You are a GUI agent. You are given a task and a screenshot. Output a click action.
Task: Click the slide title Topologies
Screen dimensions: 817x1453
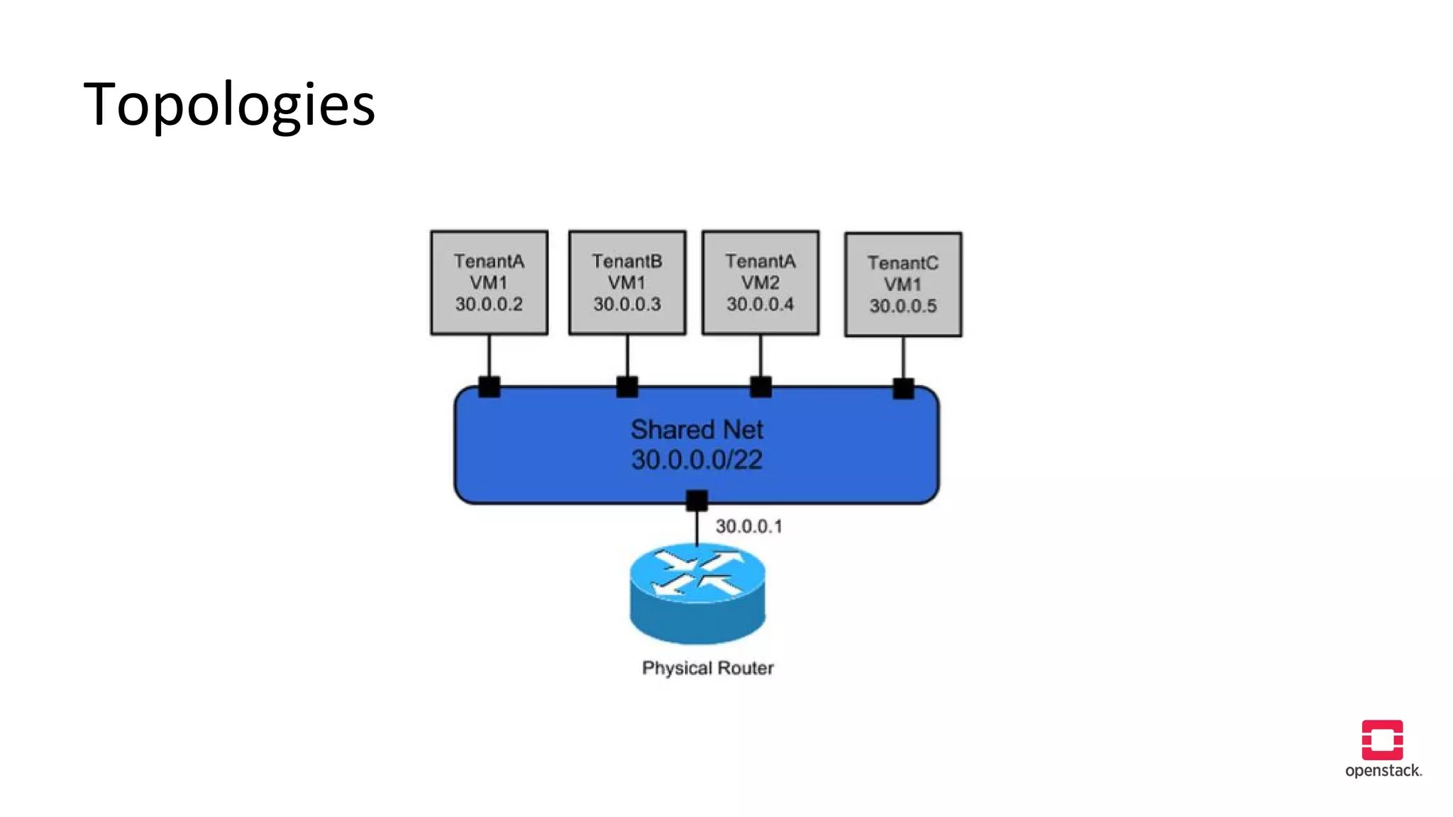coord(229,105)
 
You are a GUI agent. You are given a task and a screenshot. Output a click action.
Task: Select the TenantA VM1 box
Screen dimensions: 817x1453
coord(489,282)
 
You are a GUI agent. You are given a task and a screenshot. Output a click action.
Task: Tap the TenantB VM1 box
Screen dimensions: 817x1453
coord(627,282)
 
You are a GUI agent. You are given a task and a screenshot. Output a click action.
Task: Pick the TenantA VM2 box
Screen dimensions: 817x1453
coord(761,282)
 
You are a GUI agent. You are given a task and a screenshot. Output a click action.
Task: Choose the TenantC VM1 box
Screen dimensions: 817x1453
coord(903,284)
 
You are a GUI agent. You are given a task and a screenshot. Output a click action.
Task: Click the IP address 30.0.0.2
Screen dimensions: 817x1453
coord(489,304)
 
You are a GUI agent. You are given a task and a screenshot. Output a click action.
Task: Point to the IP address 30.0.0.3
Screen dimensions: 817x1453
coord(627,304)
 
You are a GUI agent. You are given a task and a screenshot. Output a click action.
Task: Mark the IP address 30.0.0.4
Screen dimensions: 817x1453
coord(761,304)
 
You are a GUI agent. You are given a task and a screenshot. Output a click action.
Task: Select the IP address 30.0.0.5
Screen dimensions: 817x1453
coord(903,306)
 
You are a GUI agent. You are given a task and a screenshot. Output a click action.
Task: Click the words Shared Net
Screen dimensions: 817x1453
coord(697,430)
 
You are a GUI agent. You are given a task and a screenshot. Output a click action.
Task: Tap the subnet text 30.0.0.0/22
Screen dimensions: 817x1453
coord(697,460)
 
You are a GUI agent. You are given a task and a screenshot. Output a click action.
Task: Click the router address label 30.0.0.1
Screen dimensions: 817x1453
coord(748,526)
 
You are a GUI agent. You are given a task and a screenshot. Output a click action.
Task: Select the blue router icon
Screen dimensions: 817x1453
coord(697,593)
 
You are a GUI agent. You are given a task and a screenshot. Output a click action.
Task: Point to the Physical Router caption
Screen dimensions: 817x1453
coord(707,668)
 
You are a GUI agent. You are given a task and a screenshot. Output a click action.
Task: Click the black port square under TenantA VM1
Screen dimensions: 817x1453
coord(489,387)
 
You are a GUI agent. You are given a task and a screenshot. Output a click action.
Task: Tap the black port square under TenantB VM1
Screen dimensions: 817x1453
coord(627,387)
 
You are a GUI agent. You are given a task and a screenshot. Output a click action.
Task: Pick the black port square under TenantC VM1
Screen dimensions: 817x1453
coord(903,389)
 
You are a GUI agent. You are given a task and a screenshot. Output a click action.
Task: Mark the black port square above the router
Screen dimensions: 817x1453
coord(697,501)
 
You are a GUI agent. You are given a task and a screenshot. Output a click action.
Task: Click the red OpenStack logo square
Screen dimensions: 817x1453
coord(1382,740)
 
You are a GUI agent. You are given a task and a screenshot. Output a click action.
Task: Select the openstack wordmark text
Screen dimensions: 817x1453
coord(1383,771)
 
